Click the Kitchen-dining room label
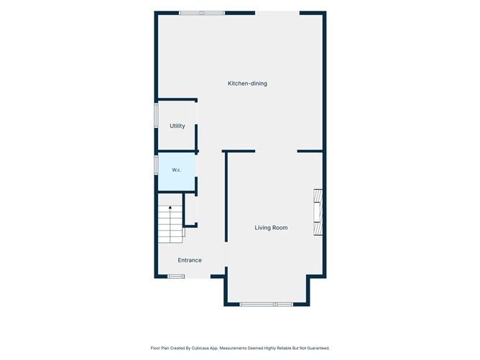(x=247, y=83)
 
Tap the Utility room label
(x=177, y=126)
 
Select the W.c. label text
(x=176, y=170)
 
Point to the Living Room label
(x=271, y=228)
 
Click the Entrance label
(x=190, y=260)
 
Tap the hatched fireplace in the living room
(x=318, y=212)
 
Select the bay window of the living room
(x=267, y=304)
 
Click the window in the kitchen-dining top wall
(x=202, y=13)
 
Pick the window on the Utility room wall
(x=156, y=116)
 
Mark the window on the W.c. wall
(x=156, y=165)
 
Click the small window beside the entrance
(x=176, y=277)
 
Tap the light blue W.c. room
(x=177, y=172)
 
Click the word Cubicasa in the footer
(x=200, y=348)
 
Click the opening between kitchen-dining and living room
(x=276, y=151)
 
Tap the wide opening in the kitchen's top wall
(x=277, y=13)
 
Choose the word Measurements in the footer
(x=234, y=348)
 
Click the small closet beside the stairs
(x=190, y=209)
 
